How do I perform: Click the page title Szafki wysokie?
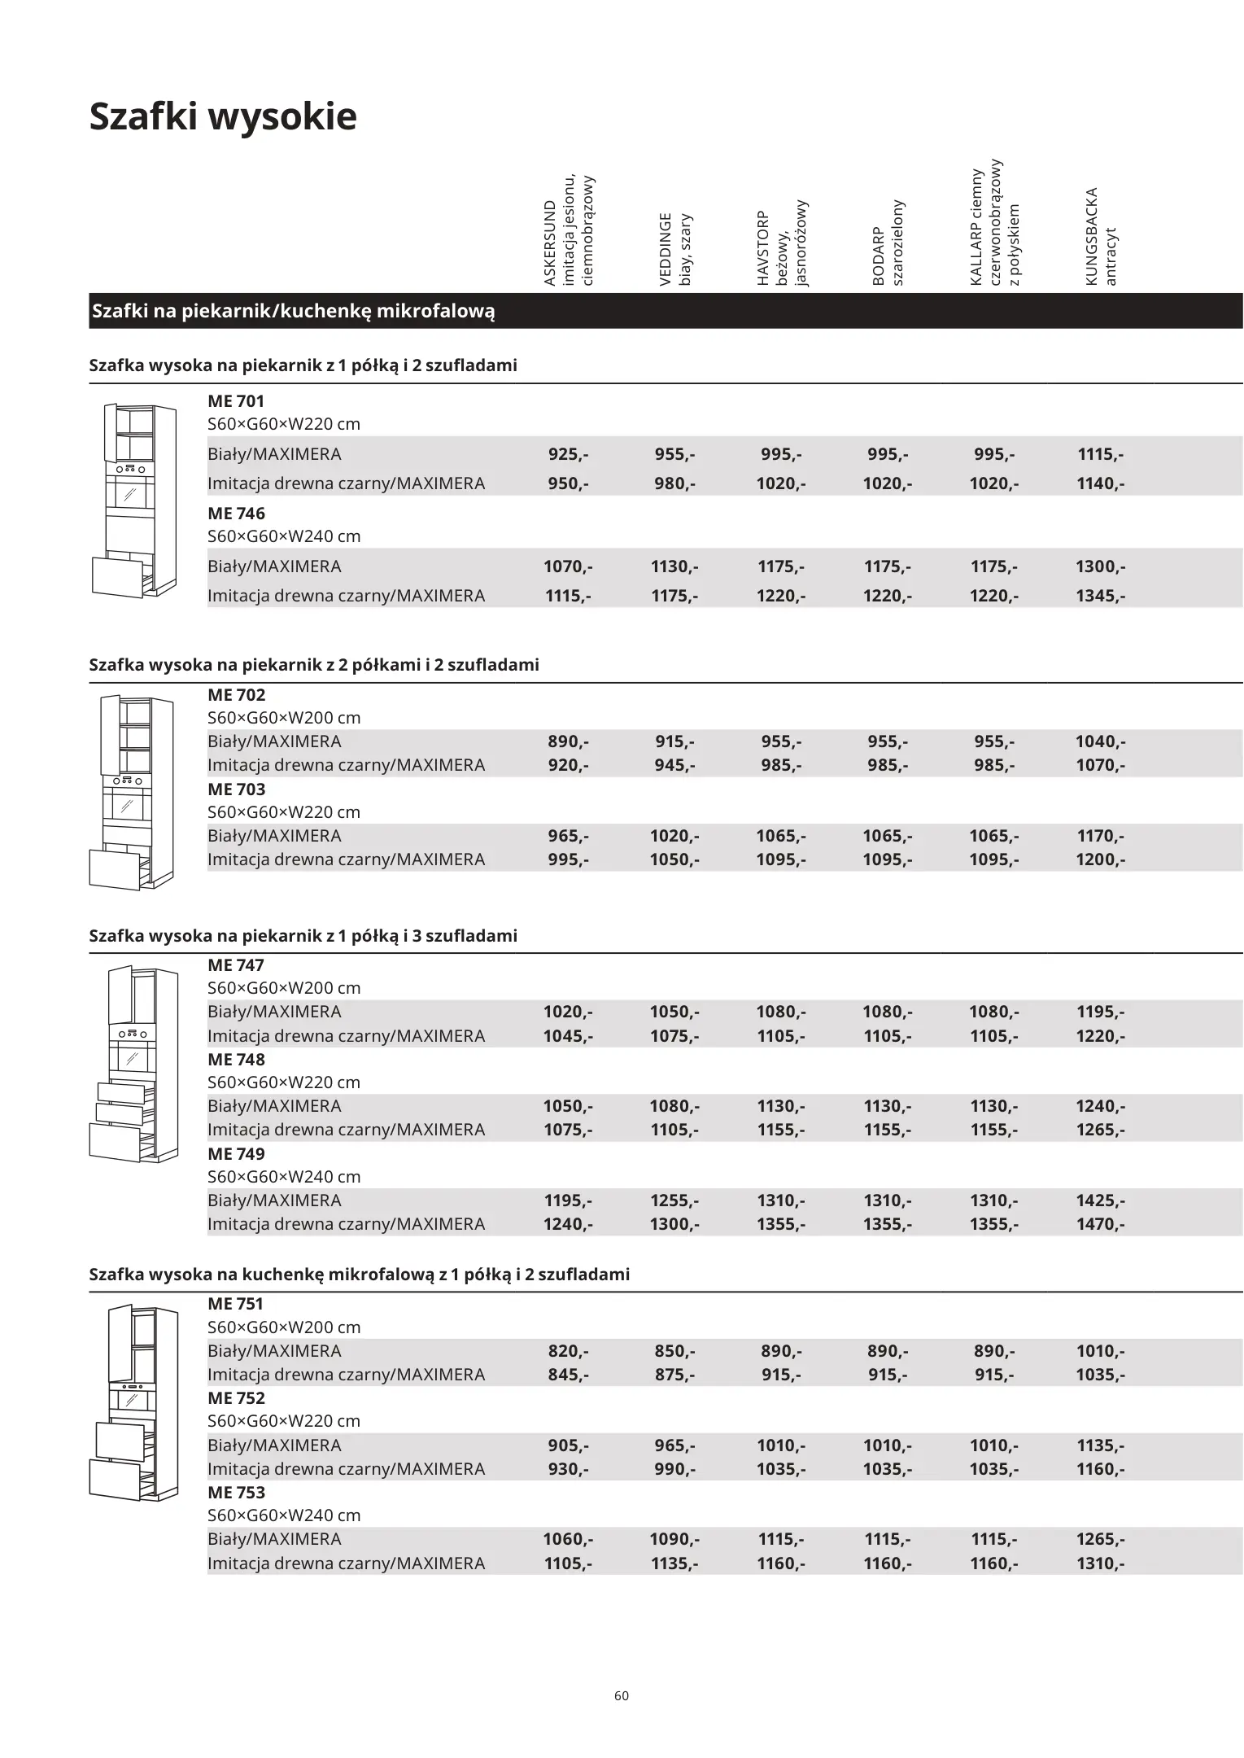point(222,116)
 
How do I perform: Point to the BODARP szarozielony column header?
point(888,243)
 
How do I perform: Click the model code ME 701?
point(236,401)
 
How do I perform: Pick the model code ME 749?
point(236,1153)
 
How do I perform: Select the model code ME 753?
point(236,1492)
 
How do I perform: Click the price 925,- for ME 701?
point(568,454)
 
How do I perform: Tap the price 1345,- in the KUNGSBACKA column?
point(1100,596)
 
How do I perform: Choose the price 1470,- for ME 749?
point(1100,1224)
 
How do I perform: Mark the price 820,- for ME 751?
point(568,1351)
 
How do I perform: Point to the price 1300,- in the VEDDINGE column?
point(674,1224)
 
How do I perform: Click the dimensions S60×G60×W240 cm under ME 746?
point(284,536)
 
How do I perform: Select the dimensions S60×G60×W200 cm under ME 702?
point(284,718)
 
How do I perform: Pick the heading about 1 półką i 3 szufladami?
point(303,936)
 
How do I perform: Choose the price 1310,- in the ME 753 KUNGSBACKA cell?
point(1100,1563)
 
